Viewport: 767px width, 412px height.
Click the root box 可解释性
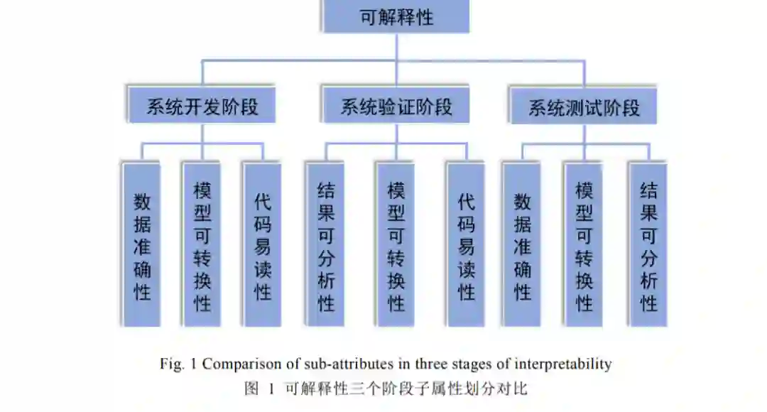click(396, 17)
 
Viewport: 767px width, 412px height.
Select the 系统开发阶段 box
click(202, 107)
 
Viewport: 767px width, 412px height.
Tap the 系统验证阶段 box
click(396, 107)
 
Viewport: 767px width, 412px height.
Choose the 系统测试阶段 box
click(584, 107)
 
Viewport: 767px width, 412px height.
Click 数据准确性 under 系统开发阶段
click(142, 245)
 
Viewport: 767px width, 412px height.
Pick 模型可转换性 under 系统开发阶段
click(202, 245)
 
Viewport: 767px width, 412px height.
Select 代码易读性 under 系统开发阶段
click(262, 245)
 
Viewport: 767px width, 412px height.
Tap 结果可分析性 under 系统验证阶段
click(325, 245)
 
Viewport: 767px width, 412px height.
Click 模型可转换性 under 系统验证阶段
click(396, 245)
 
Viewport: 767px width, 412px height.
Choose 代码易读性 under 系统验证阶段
click(466, 245)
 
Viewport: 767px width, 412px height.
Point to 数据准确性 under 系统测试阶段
click(522, 245)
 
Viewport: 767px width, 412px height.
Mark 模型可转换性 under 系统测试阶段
click(584, 245)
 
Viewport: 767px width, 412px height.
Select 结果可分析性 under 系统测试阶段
click(648, 245)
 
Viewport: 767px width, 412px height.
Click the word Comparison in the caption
click(239, 364)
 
